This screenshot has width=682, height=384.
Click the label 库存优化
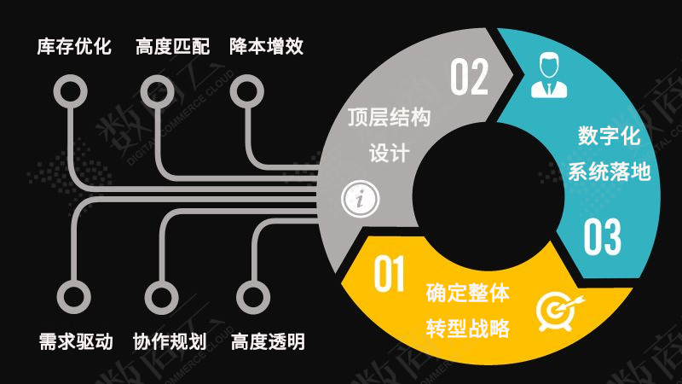[74, 46]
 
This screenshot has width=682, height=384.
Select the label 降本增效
[266, 46]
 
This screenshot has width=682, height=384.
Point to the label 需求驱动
[75, 342]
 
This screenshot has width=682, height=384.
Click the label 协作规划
[170, 342]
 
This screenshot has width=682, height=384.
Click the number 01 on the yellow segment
[389, 275]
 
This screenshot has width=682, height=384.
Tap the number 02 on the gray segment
[470, 78]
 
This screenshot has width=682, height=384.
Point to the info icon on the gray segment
[360, 200]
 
